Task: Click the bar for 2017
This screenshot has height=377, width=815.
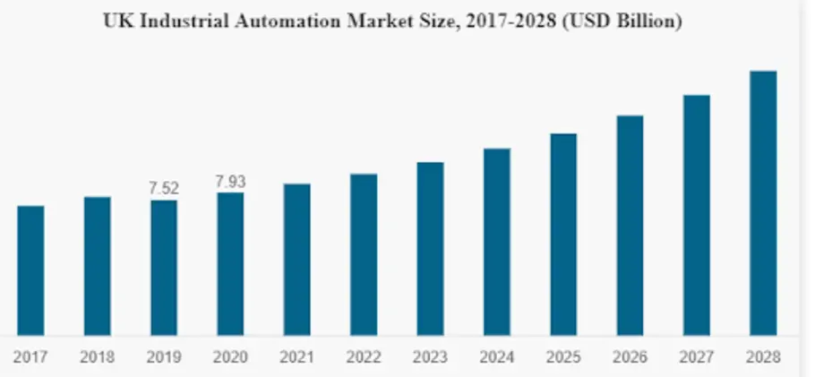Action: point(30,270)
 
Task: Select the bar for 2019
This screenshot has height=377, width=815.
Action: point(164,268)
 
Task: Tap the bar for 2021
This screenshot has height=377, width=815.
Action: point(297,260)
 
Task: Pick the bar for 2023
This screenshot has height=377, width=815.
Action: point(430,249)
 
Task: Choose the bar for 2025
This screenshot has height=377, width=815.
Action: point(563,235)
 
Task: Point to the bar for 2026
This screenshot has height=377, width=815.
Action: point(630,226)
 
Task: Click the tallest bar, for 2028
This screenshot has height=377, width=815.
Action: point(763,203)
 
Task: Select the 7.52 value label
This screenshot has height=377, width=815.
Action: point(164,188)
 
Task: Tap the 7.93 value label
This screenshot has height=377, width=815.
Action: point(230,182)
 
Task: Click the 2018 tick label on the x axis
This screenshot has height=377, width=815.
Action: point(97,357)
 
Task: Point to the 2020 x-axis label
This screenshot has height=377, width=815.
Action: point(230,357)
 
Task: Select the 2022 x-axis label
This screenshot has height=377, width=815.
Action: point(364,357)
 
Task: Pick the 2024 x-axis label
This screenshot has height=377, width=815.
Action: point(497,357)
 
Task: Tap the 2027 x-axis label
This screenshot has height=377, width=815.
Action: point(697,357)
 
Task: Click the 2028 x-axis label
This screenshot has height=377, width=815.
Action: point(763,357)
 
